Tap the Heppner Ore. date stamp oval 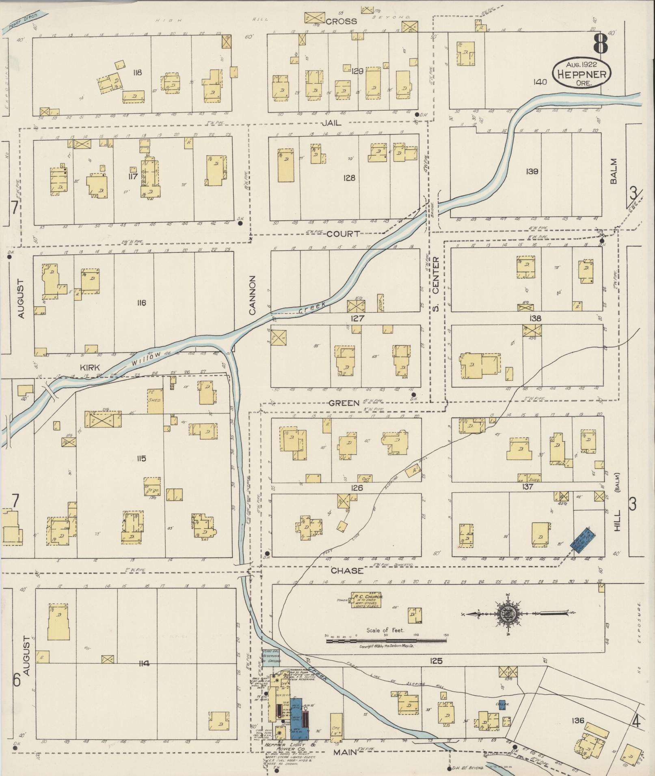coord(582,73)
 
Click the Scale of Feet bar coord(386,641)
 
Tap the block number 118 coord(137,73)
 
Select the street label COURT coord(343,234)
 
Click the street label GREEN coord(344,403)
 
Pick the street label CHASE coord(346,571)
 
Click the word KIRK coord(90,367)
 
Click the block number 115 coord(141,459)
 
